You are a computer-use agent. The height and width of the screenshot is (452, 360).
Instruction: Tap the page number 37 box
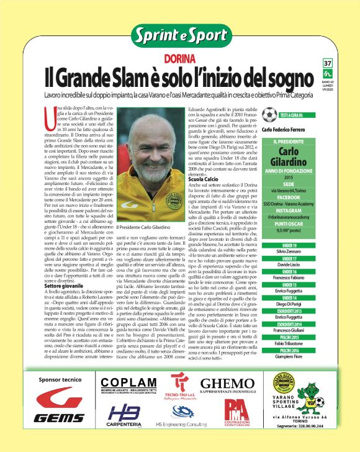[328, 63]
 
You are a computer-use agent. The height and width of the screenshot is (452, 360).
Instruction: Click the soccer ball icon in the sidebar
[269, 115]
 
